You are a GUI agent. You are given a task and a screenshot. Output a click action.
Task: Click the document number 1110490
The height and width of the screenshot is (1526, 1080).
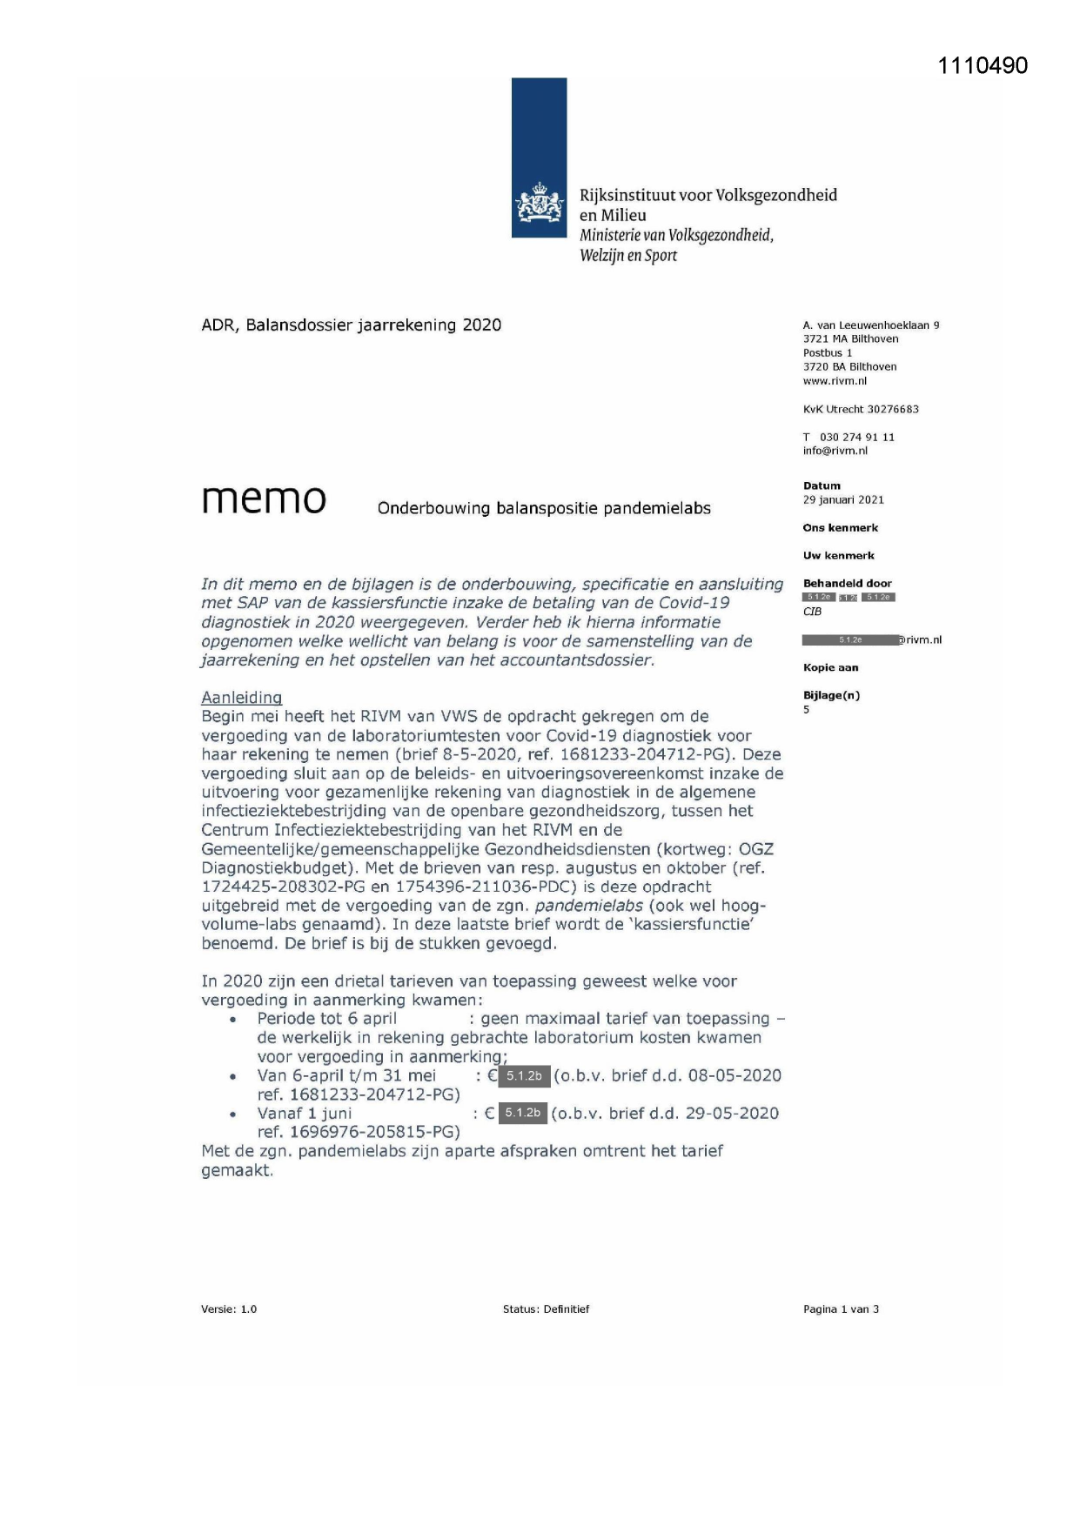click(x=983, y=65)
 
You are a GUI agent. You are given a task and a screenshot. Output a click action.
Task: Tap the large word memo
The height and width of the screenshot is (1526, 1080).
click(x=264, y=499)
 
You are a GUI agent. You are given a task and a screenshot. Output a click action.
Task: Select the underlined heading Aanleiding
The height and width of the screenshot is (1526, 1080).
click(x=241, y=698)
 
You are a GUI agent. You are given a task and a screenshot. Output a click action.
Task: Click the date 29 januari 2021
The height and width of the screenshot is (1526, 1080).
click(x=842, y=499)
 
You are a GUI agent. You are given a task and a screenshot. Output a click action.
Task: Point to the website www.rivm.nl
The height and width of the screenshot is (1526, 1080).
click(x=834, y=381)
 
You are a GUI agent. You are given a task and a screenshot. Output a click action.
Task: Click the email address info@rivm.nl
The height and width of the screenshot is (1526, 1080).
click(x=835, y=451)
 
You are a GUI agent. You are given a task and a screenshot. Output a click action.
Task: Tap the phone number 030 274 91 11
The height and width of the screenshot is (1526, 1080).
click(x=856, y=437)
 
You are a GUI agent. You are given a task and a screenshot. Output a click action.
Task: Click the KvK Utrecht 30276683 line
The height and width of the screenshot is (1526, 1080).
click(x=860, y=409)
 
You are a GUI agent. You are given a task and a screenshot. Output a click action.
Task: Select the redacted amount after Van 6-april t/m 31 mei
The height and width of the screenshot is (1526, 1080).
click(x=524, y=1076)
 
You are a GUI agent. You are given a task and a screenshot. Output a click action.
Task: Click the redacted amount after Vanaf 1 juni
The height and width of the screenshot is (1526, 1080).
click(x=522, y=1113)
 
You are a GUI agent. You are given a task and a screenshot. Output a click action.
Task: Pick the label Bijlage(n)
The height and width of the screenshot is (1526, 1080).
click(x=830, y=695)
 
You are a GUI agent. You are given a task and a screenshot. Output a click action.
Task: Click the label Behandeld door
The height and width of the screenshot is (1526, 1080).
click(x=847, y=583)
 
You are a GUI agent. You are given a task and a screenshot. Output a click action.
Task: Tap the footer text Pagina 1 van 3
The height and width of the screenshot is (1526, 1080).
click(x=840, y=1308)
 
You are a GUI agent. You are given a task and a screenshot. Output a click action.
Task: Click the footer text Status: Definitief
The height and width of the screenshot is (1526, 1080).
click(x=546, y=1308)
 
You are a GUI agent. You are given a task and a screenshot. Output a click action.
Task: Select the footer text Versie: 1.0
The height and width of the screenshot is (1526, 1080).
click(x=228, y=1308)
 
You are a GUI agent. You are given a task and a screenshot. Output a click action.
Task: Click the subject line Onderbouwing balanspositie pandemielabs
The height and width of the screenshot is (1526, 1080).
click(x=543, y=508)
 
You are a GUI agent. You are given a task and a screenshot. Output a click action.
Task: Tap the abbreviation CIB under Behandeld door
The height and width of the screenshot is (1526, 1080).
click(x=812, y=612)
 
